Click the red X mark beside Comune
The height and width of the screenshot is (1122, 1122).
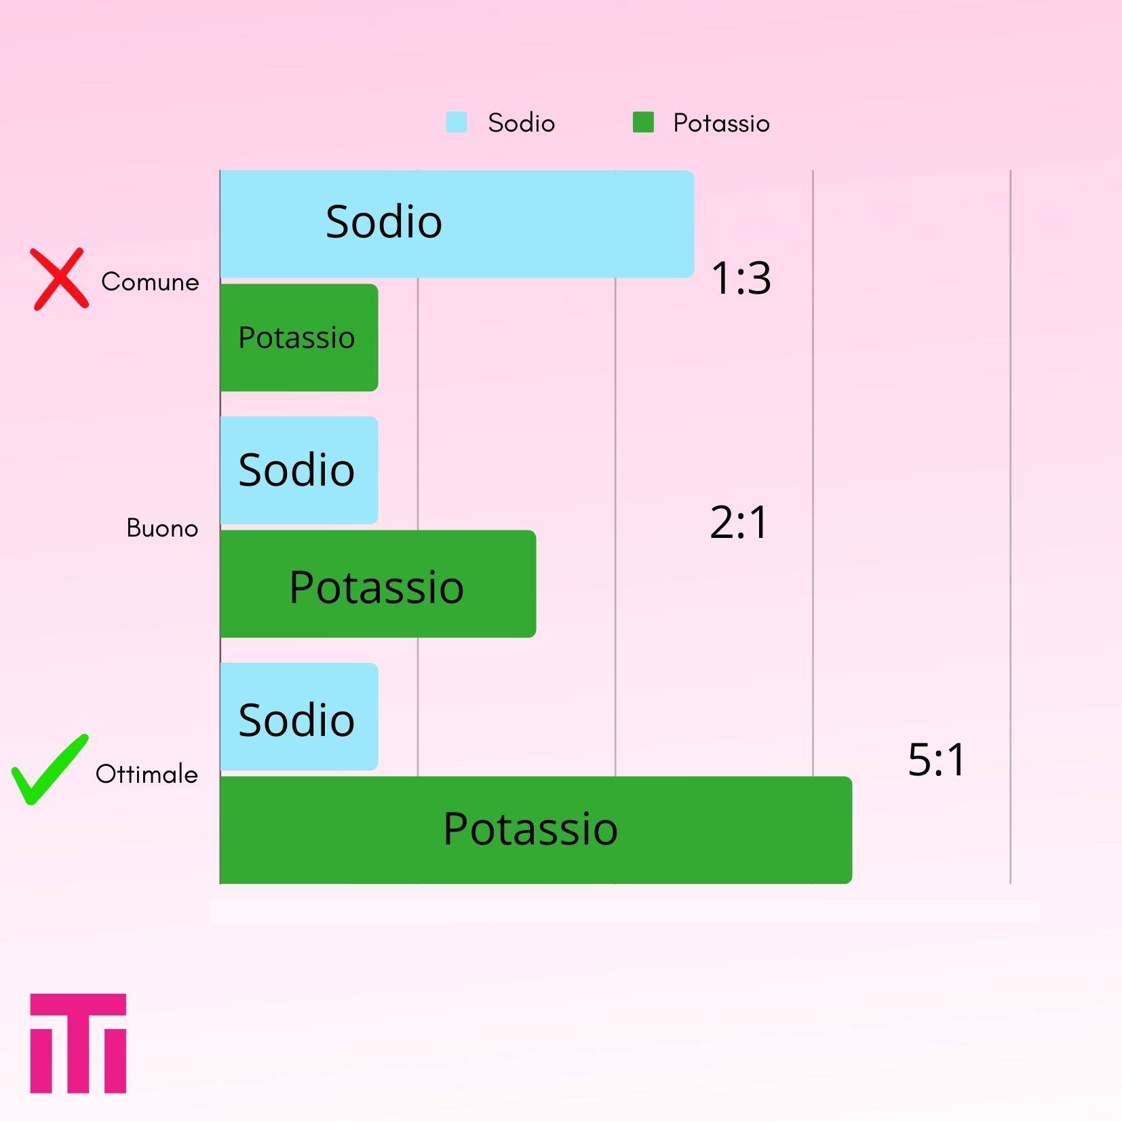pyautogui.click(x=60, y=279)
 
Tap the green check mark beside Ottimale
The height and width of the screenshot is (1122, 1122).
pyautogui.click(x=50, y=770)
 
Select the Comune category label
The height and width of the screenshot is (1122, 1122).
pyautogui.click(x=150, y=282)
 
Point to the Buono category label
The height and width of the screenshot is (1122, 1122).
pyautogui.click(x=162, y=528)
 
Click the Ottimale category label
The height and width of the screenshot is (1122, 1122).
pyautogui.click(x=147, y=774)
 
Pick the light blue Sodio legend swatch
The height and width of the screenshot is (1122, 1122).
pyautogui.click(x=457, y=122)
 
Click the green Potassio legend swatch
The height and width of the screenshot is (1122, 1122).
pyautogui.click(x=643, y=122)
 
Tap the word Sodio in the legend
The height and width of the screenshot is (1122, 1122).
pyautogui.click(x=522, y=123)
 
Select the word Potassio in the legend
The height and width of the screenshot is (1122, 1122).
pyautogui.click(x=721, y=123)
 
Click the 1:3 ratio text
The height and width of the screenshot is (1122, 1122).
pyautogui.click(x=741, y=278)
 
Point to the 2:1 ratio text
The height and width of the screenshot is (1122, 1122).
pyautogui.click(x=739, y=522)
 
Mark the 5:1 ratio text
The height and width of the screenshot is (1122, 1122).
pyautogui.click(x=937, y=759)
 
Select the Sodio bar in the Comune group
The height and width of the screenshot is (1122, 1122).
pyautogui.click(x=457, y=224)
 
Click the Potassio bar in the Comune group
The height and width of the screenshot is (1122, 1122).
pyautogui.click(x=299, y=337)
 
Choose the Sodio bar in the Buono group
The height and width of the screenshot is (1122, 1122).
pyautogui.click(x=299, y=470)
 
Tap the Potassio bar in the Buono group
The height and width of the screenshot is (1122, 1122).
pyautogui.click(x=378, y=583)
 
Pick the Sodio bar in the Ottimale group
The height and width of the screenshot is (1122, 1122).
pyautogui.click(x=299, y=716)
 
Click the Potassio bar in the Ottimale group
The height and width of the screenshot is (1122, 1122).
pyautogui.click(x=536, y=830)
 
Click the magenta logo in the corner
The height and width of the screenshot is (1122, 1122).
pyautogui.click(x=78, y=1043)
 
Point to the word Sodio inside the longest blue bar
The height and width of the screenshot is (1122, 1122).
pyautogui.click(x=384, y=221)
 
